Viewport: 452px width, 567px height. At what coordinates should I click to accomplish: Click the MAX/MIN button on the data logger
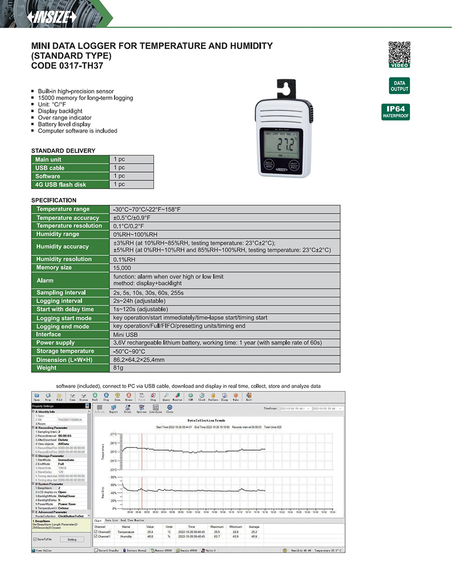point(269,165)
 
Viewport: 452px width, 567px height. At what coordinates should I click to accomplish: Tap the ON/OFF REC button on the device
point(294,165)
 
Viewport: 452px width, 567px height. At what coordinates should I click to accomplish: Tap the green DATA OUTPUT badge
point(399,86)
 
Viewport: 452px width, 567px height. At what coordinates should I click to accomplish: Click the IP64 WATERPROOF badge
point(396,111)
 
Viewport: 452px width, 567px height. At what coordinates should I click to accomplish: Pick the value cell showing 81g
point(119,368)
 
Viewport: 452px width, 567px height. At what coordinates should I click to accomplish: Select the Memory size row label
point(54,268)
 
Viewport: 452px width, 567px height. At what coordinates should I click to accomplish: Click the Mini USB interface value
point(125,334)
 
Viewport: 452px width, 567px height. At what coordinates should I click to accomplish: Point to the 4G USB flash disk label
point(60,185)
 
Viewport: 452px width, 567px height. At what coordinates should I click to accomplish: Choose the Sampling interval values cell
point(149,293)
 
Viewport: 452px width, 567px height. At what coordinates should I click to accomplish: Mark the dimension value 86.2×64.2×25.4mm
point(139,360)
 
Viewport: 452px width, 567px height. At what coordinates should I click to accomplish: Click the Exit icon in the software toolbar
point(249,396)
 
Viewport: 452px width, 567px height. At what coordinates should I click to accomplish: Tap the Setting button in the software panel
point(72,539)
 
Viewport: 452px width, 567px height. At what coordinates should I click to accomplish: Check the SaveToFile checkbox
point(34,539)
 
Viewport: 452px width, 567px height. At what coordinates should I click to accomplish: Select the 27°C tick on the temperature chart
point(113,434)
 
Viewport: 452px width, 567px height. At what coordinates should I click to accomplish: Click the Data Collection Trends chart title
point(206,420)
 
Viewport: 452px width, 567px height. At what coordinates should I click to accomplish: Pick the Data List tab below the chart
point(111,521)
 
